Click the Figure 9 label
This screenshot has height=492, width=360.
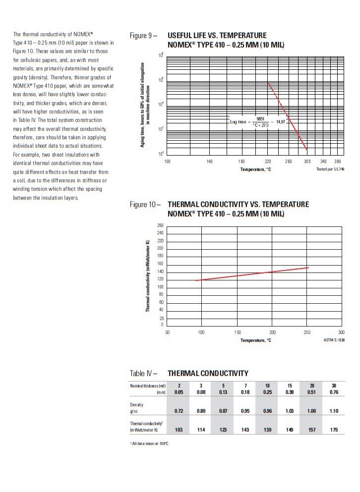tap(143, 36)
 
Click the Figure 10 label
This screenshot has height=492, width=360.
tap(145, 204)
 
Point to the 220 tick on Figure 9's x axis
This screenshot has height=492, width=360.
tap(268, 162)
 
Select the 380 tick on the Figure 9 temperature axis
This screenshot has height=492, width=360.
tap(338, 162)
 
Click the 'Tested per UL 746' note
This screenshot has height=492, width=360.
tap(329, 169)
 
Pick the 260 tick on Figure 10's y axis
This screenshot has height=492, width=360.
tap(160, 225)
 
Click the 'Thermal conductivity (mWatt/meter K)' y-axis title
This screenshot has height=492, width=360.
tap(148, 275)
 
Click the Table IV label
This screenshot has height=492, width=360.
tap(143, 373)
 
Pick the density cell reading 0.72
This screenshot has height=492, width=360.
tap(179, 411)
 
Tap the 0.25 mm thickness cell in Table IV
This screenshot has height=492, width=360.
tap(267, 392)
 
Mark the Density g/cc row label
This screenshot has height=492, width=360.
tap(136, 408)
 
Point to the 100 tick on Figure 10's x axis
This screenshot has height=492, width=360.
tap(201, 332)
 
